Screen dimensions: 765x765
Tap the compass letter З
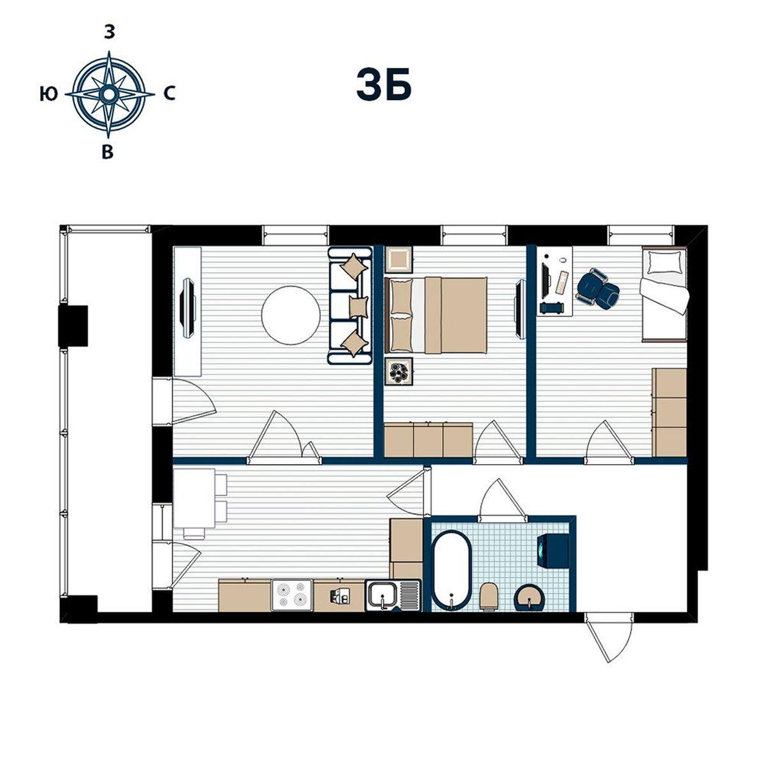tap(109, 33)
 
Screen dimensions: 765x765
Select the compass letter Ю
tap(49, 94)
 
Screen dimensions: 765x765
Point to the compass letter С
tap(170, 94)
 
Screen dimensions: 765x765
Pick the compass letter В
tap(108, 152)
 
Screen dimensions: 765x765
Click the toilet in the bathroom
tap(489, 596)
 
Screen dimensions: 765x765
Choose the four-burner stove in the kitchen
tap(293, 595)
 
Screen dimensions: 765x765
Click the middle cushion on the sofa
tap(359, 307)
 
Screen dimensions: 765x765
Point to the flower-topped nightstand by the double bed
tap(399, 372)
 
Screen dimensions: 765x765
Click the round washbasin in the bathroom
tap(530, 598)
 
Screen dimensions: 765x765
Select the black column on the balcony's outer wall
tap(73, 326)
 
